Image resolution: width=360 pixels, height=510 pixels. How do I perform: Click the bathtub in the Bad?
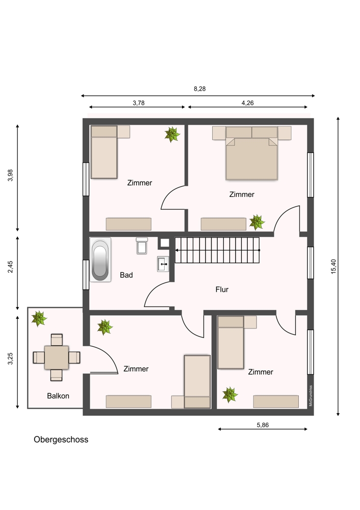[100, 260]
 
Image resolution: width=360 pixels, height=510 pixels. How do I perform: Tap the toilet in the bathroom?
[142, 246]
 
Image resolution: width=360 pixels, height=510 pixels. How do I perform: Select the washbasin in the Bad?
[163, 264]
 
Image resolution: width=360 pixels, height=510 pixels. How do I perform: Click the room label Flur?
[222, 289]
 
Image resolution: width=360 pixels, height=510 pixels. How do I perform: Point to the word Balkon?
[58, 396]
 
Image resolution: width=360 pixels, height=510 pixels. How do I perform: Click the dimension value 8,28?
[200, 89]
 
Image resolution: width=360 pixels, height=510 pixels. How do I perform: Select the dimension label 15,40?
[333, 266]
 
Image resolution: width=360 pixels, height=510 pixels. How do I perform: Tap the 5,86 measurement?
[263, 425]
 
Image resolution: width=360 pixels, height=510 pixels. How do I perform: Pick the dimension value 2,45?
[10, 267]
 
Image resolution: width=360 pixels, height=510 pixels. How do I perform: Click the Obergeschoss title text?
[61, 440]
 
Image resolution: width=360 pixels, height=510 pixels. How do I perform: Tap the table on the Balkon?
[57, 358]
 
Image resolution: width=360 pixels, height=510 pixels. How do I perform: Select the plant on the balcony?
[39, 318]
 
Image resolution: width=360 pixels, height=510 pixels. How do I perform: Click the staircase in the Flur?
[217, 250]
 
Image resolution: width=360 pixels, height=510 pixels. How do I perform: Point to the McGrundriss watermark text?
[311, 396]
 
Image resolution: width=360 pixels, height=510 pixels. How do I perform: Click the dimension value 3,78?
[139, 103]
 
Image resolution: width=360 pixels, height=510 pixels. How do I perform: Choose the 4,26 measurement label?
[247, 103]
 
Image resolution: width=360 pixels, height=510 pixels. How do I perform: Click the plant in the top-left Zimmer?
[172, 134]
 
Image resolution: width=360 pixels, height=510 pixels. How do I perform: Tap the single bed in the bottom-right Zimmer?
[230, 343]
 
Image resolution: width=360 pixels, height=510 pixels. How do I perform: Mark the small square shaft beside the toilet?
[165, 243]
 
